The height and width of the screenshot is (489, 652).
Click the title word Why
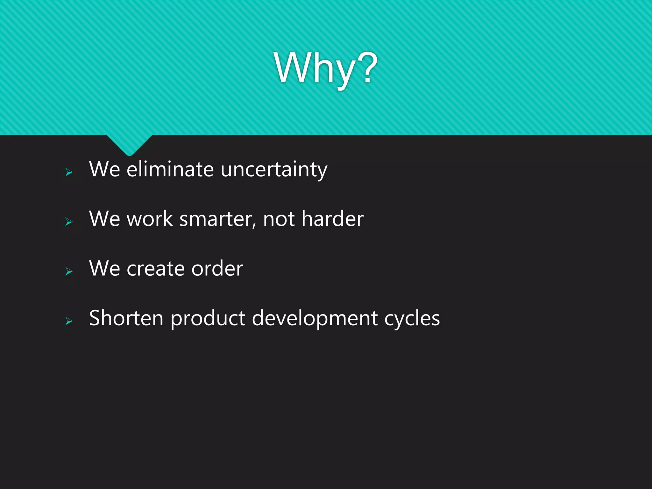[315, 68]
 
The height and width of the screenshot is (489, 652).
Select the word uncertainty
[274, 170]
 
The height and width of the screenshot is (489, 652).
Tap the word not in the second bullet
[279, 220]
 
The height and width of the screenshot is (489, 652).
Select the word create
[155, 269]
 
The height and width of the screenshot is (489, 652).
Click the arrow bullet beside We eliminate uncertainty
[69, 172]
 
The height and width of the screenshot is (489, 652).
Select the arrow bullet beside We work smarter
[69, 222]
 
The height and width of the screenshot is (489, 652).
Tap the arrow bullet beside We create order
[69, 271]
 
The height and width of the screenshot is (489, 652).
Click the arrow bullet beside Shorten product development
[69, 321]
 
